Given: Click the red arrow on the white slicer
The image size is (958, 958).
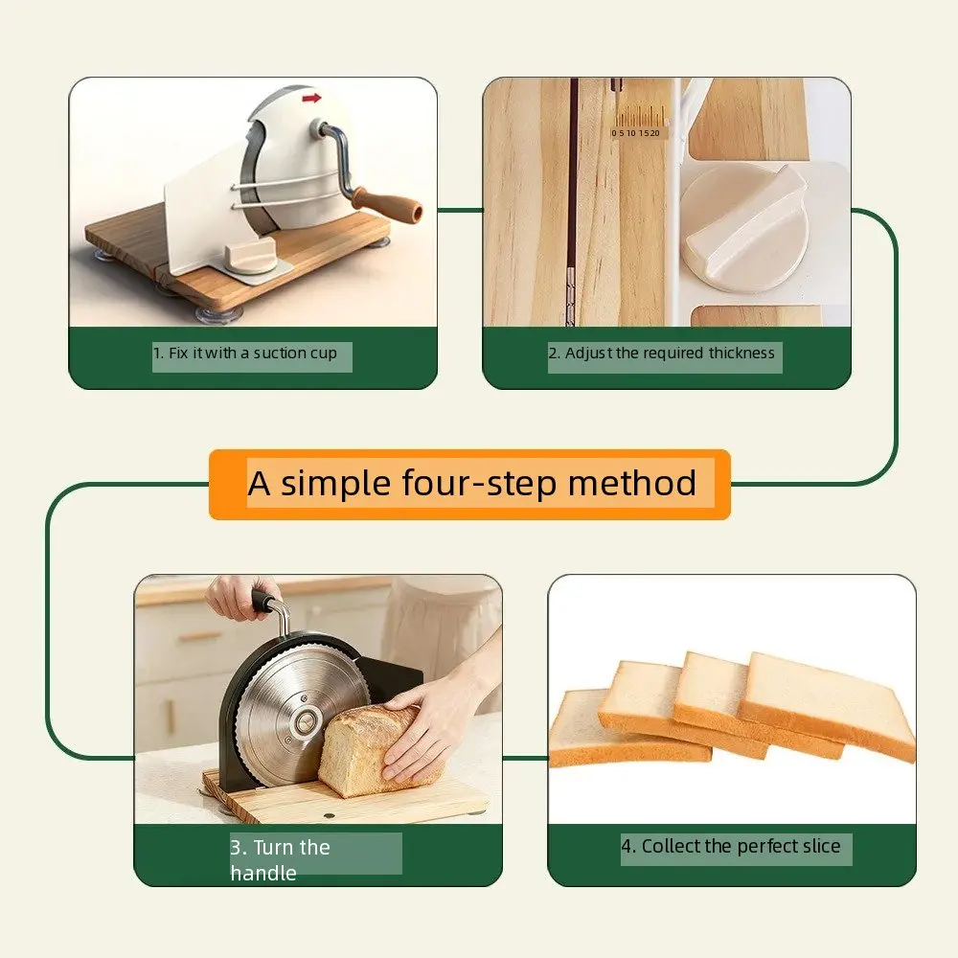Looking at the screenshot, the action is (311, 98).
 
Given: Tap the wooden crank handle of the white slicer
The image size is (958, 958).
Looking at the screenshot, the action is (387, 202).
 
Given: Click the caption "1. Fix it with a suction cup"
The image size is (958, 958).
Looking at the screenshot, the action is (245, 354).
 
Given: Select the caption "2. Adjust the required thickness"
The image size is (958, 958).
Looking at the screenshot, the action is (661, 354).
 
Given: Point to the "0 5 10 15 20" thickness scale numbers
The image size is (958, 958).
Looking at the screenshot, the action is (635, 133).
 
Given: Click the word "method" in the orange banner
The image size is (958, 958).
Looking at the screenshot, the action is (632, 483).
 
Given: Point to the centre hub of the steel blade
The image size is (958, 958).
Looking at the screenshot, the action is (305, 722).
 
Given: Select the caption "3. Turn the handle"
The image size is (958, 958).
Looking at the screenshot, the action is (281, 859).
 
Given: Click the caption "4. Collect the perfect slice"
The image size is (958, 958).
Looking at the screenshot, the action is (731, 846).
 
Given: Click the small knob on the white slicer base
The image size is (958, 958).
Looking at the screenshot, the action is (250, 257).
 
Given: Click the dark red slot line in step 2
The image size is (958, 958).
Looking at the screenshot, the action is (574, 201).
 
